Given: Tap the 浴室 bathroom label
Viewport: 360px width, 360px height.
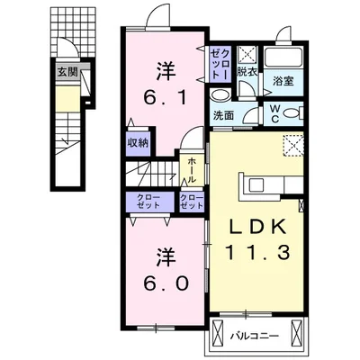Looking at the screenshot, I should click(x=283, y=80).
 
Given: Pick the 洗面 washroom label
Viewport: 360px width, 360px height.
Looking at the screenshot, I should click(x=224, y=114).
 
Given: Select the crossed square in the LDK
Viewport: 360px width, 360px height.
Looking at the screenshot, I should click(x=292, y=145).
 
